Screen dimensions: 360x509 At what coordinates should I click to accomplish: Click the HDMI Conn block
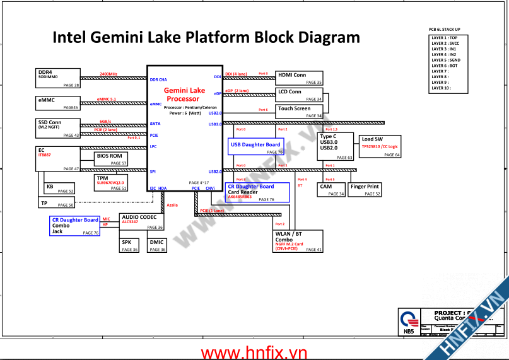tap(300, 78)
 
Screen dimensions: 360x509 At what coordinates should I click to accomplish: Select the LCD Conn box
tap(300, 95)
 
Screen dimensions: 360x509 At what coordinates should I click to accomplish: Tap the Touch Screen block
tap(300, 112)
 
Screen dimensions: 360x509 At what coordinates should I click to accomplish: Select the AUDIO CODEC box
tap(141, 221)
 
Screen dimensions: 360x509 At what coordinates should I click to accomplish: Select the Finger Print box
tap(365, 190)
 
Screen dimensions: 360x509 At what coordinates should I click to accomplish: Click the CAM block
tap(331, 190)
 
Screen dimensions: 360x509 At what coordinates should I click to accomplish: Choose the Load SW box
tap(380, 146)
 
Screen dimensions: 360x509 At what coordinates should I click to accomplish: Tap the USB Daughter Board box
tap(257, 147)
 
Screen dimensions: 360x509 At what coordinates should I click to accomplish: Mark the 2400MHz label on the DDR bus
tap(108, 74)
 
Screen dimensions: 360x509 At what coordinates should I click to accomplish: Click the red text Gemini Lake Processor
tap(184, 95)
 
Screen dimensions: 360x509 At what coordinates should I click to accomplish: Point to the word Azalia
tap(172, 206)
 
